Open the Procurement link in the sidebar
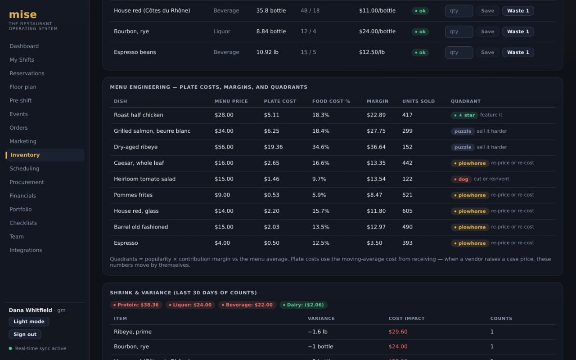tap(27, 182)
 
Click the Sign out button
tap(25, 334)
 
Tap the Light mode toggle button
tap(29, 321)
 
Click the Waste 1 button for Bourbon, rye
tap(518, 31)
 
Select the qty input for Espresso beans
tap(459, 53)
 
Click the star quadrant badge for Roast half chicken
tap(464, 115)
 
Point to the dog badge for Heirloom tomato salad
tap(461, 179)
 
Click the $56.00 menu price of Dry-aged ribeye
tap(224, 147)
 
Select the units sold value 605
tap(407, 211)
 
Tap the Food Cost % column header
tap(331, 101)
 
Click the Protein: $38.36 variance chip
tap(136, 305)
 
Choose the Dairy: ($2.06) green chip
tap(303, 305)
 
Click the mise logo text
tap(23, 14)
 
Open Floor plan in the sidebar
tap(23, 87)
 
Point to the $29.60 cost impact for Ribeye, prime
tap(398, 332)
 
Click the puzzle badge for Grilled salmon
tap(463, 131)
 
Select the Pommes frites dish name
tap(133, 195)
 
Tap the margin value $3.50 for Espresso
tap(374, 243)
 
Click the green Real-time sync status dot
tap(10, 348)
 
